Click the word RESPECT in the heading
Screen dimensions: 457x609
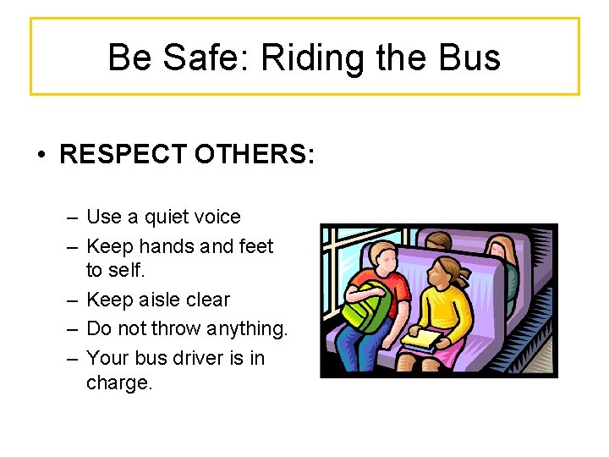[123, 155]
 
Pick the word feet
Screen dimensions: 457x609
[257, 246]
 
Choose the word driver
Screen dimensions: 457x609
[195, 358]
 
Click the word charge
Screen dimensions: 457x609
[119, 383]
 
